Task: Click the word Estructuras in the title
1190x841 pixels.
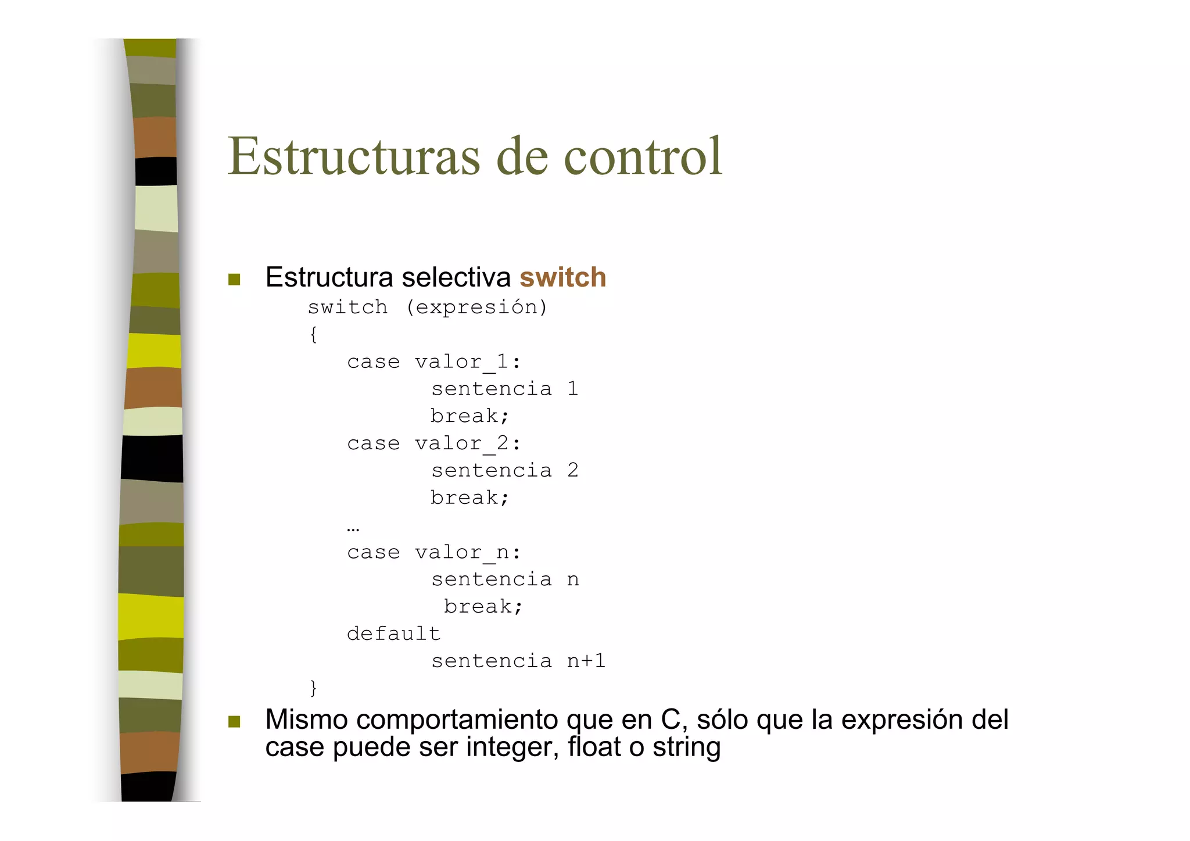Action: [354, 156]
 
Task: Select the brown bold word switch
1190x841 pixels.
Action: [562, 277]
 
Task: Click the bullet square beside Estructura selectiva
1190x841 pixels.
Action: [234, 280]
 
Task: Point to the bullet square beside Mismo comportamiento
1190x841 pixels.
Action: [234, 722]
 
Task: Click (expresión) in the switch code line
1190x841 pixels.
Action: [476, 307]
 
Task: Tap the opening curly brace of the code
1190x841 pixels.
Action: [313, 334]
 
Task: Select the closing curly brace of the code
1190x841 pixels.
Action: [313, 688]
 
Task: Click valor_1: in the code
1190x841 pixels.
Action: [468, 362]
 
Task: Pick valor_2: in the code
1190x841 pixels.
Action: [468, 443]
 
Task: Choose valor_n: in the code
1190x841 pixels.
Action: [468, 552]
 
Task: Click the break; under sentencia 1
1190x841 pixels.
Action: [469, 416]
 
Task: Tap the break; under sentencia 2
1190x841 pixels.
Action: [469, 498]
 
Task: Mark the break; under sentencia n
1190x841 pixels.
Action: [483, 606]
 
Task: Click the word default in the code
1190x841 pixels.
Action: [393, 634]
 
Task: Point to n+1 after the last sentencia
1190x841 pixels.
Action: [586, 661]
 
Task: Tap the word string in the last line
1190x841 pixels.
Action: [686, 747]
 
